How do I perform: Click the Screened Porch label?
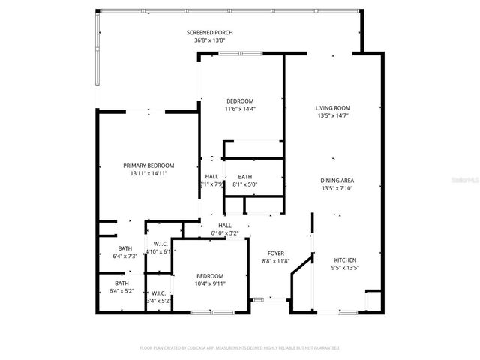tap(209, 33)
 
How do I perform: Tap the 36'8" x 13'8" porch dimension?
tap(209, 40)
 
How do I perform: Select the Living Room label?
tap(333, 108)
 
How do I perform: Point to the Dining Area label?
tap(337, 181)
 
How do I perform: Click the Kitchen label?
tap(346, 259)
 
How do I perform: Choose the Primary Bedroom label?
tap(148, 166)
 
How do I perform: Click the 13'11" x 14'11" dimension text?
tap(148, 173)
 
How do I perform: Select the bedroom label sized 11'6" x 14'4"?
tap(240, 101)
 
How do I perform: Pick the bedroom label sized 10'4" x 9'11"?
tap(210, 276)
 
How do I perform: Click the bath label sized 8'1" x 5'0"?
tap(244, 177)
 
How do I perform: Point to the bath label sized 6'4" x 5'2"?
tap(121, 283)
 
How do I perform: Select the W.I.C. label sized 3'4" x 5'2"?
tap(158, 292)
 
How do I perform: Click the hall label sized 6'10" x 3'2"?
tap(225, 225)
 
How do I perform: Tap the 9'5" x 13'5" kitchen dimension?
tap(346, 266)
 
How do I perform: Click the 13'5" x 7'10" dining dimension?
tap(337, 188)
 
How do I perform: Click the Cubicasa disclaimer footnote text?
tap(240, 348)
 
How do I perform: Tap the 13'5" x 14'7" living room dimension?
tap(333, 115)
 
